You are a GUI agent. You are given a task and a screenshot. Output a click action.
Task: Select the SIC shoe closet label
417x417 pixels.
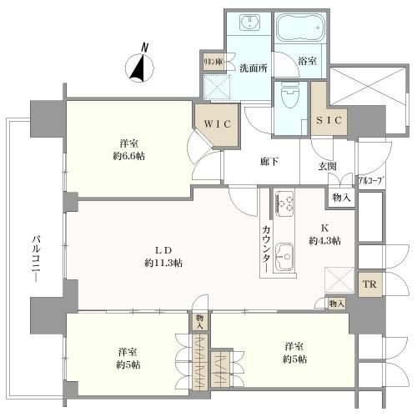click(329, 121)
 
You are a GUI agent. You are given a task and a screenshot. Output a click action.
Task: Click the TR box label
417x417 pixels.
click(367, 284)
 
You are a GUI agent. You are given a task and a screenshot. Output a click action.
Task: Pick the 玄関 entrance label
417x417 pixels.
click(327, 166)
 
